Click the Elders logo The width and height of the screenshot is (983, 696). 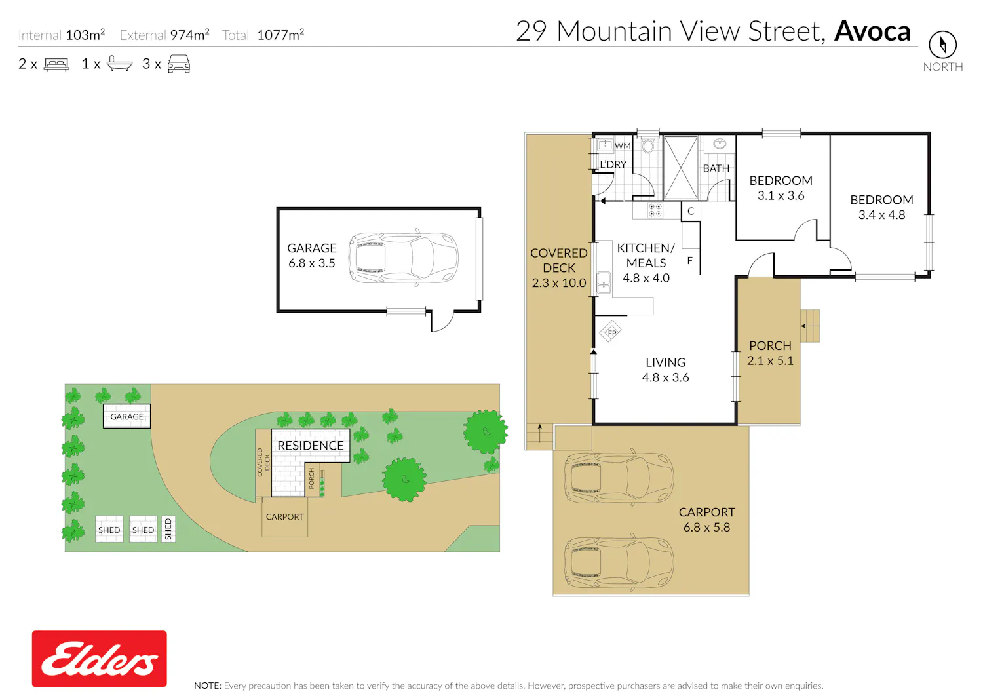(99, 658)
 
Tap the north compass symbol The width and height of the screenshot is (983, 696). (942, 45)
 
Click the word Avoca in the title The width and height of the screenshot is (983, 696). (872, 31)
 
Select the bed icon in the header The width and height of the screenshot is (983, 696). (56, 64)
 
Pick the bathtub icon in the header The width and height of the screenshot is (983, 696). (119, 64)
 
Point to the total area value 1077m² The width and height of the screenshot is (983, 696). (280, 35)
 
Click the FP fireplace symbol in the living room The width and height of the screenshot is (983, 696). (611, 332)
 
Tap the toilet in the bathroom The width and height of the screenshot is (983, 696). (648, 144)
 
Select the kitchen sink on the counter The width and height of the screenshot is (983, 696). (604, 282)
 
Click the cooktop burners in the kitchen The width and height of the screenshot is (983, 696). (655, 210)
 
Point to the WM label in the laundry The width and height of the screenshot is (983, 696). (623, 145)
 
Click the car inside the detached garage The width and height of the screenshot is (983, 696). (403, 258)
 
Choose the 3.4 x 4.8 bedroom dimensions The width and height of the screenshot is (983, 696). (881, 214)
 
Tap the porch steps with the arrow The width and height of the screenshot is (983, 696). (809, 326)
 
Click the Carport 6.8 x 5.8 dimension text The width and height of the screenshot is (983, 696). (706, 527)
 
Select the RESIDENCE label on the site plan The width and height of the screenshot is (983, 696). (310, 446)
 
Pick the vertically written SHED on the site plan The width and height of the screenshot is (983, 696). (168, 529)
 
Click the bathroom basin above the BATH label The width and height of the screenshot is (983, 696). (720, 143)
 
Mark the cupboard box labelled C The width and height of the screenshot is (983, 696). (690, 211)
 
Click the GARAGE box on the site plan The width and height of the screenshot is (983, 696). (127, 416)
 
